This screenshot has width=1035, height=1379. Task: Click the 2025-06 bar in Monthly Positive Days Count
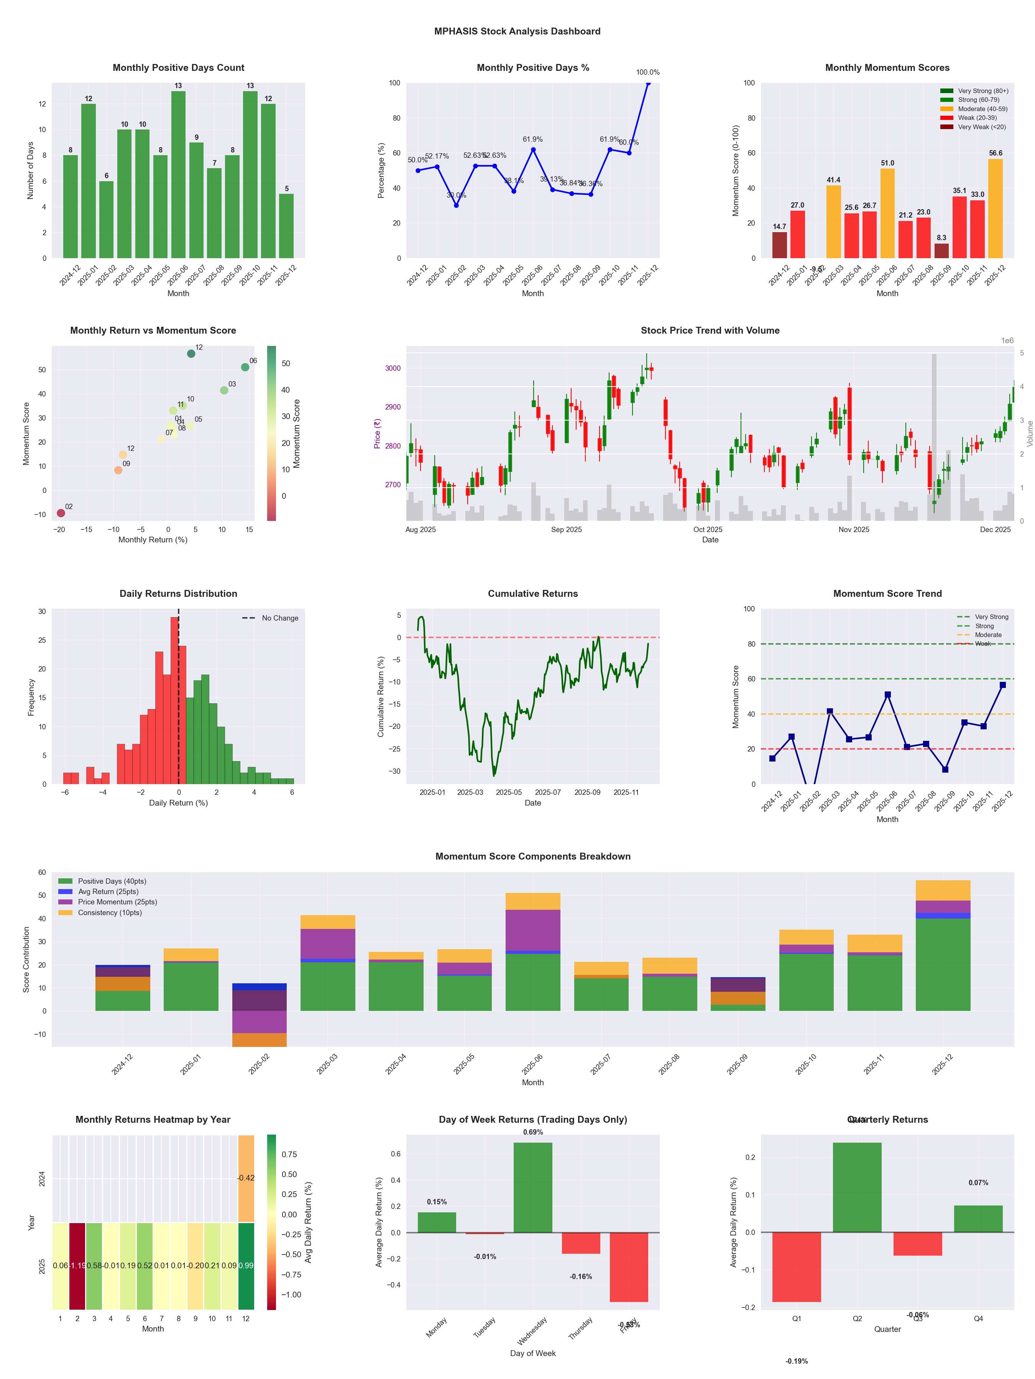(x=178, y=175)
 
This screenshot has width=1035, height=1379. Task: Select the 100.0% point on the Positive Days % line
(x=648, y=83)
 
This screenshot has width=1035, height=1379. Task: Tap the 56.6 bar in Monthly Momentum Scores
(x=995, y=209)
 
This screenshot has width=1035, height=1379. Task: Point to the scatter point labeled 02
(x=61, y=513)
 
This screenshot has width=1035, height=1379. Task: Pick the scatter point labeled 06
(x=245, y=367)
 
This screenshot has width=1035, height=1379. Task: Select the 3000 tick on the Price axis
(x=393, y=368)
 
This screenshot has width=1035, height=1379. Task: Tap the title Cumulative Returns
(x=533, y=593)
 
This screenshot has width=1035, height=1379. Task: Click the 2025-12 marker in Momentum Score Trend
(x=1002, y=685)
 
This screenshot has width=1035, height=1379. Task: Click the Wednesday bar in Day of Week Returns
(x=533, y=1187)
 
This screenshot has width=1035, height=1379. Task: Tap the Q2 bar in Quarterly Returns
(x=857, y=1187)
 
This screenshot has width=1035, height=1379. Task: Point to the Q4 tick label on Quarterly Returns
(x=978, y=1318)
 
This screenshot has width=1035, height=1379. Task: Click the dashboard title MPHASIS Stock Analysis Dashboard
(x=517, y=31)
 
